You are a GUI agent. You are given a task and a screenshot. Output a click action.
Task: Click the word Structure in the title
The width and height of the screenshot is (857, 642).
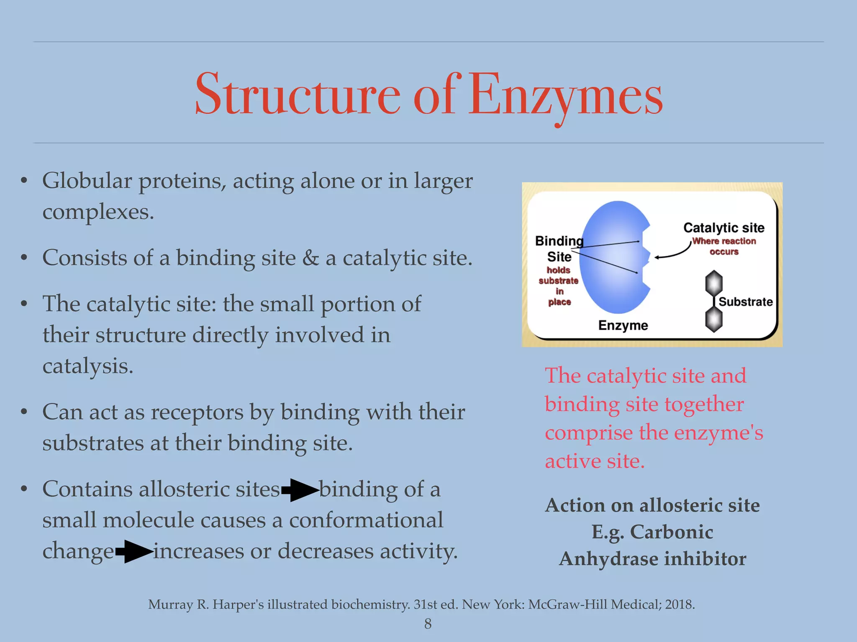pos(298,95)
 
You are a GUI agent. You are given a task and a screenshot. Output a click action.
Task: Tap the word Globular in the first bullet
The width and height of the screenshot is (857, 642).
pos(87,181)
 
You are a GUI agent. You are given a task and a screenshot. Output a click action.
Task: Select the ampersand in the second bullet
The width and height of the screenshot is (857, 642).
pos(310,258)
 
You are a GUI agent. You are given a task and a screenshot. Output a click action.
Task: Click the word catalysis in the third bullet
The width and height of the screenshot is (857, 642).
pos(88,366)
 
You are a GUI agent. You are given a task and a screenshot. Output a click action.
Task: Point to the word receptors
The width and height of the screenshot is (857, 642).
pos(197,412)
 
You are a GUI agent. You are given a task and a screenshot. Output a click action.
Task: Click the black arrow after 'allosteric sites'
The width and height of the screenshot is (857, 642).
pos(300,490)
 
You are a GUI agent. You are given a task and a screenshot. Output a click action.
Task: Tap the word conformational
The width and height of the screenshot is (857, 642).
pos(366,520)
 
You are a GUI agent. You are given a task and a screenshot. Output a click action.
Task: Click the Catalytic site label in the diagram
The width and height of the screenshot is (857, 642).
pos(724,228)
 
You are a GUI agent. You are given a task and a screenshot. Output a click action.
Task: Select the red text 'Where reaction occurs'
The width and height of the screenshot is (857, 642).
pos(724,246)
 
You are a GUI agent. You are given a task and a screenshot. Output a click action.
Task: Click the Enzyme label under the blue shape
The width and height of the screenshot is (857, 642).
pos(623,325)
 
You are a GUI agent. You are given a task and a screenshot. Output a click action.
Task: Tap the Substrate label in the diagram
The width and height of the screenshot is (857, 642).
pos(745,302)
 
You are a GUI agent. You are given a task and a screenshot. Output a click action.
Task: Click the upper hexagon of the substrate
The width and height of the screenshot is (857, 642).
pos(714,283)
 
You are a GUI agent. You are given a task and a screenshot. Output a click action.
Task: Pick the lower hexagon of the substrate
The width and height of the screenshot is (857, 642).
pos(714,320)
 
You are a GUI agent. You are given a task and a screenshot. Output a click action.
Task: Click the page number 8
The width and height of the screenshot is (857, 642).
pos(428,624)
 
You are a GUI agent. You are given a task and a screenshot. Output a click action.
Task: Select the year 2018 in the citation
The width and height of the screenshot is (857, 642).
pos(679,604)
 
